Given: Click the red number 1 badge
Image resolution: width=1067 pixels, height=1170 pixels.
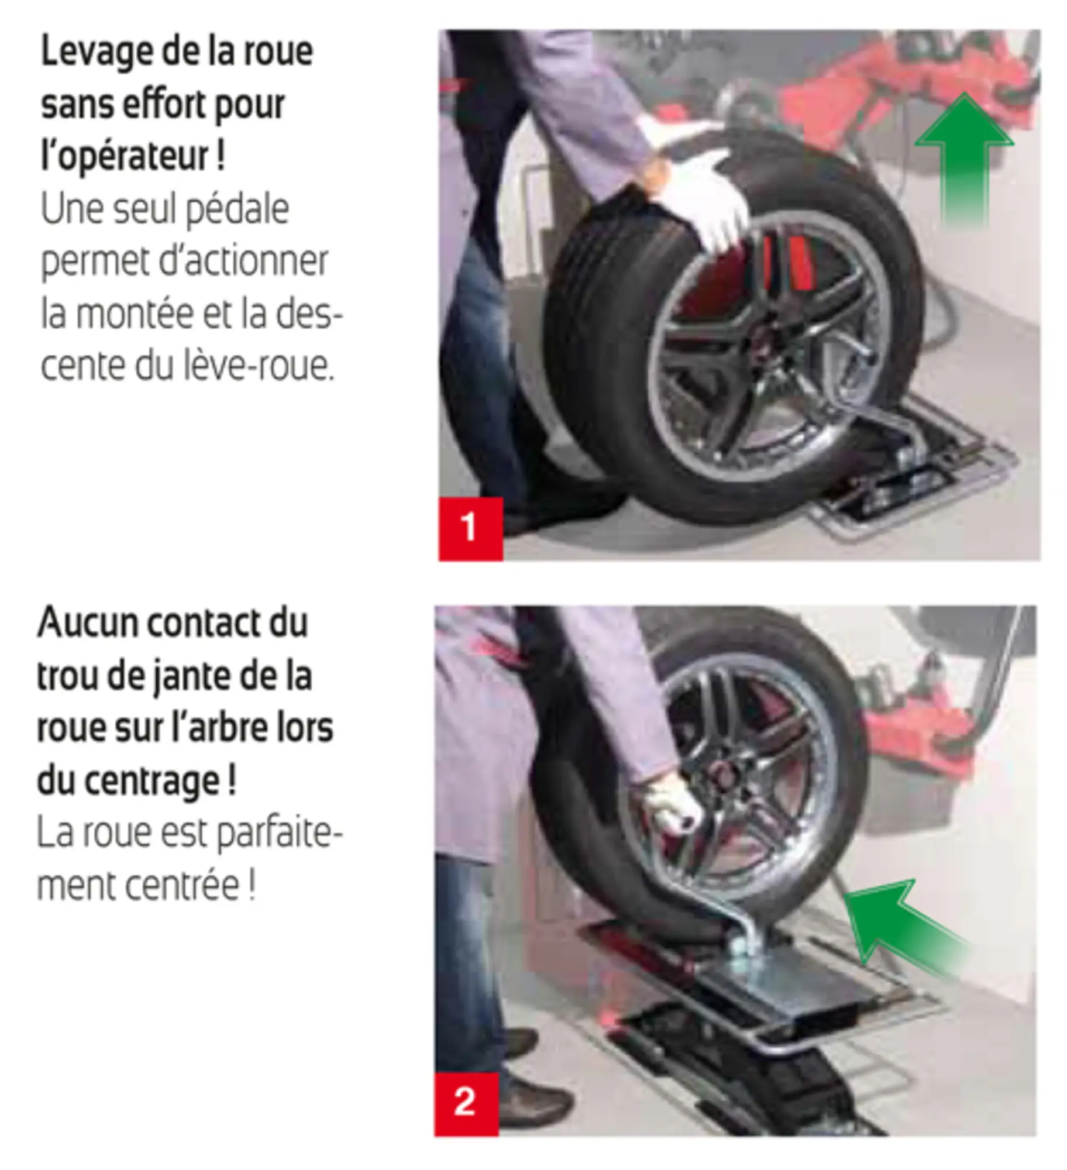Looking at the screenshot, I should coord(470,528).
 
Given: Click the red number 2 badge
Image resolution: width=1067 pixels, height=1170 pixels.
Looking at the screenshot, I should coord(466,1103).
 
